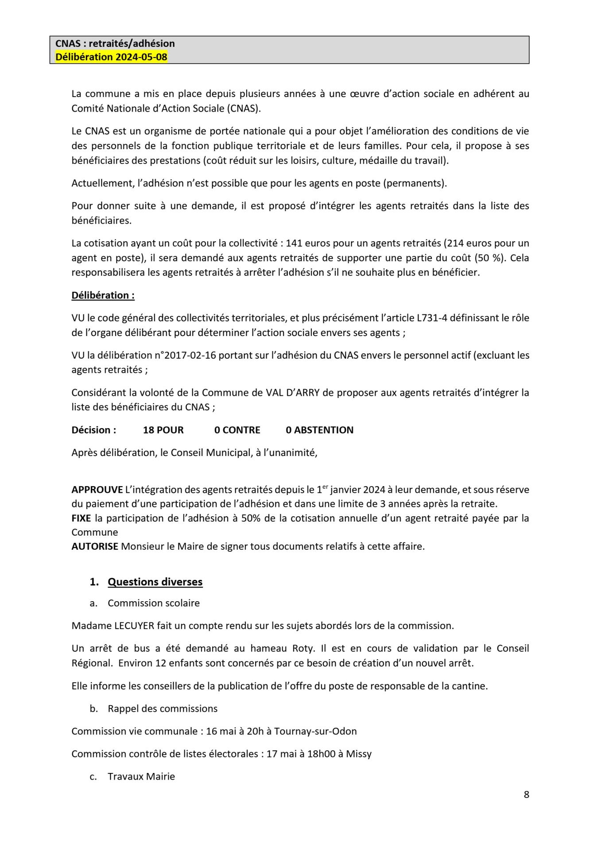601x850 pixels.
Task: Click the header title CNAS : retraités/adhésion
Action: click(x=115, y=43)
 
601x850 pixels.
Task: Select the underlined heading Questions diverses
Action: click(x=155, y=582)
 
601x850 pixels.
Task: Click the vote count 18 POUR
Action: click(x=163, y=430)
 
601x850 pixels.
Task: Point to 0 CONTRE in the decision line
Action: click(x=237, y=430)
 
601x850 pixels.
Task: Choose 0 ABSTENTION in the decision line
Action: click(x=319, y=430)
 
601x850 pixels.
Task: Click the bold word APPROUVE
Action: click(x=97, y=490)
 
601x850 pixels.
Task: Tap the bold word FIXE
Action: click(x=81, y=518)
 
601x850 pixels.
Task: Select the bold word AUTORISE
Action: click(x=95, y=546)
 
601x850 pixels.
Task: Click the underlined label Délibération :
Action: click(x=103, y=295)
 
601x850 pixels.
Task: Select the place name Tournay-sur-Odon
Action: click(x=315, y=731)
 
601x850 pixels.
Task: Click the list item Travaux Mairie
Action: click(x=141, y=776)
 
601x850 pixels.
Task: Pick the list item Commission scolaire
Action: click(x=154, y=603)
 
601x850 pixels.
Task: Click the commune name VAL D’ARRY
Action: click(x=292, y=393)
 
